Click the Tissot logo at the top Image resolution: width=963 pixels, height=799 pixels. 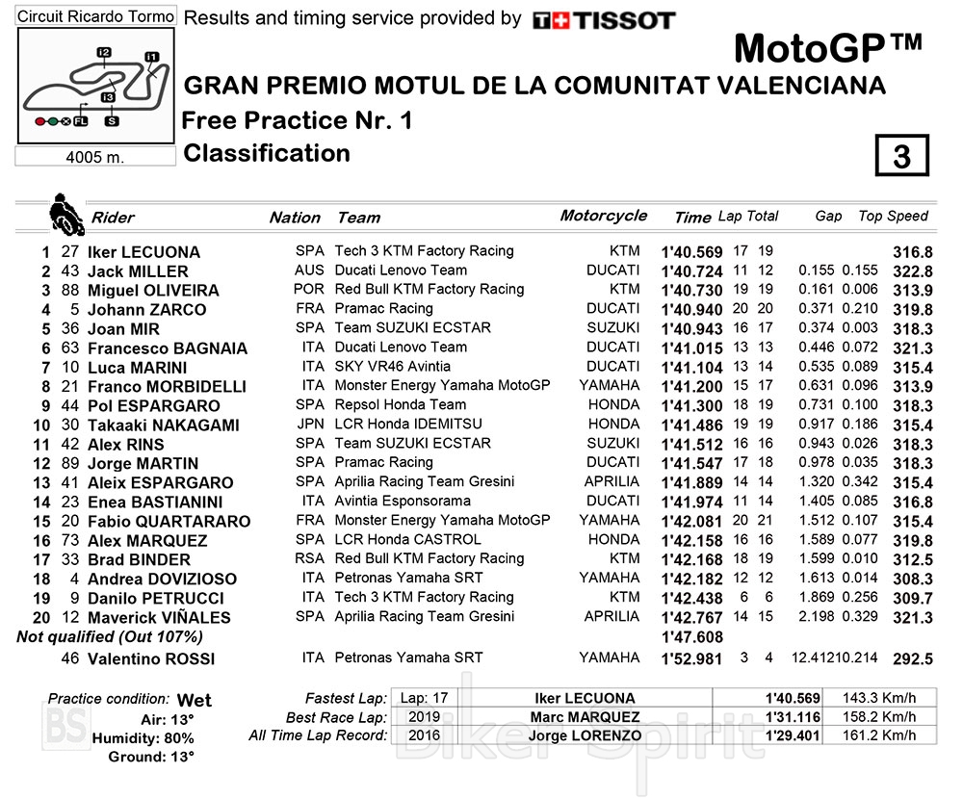pos(604,19)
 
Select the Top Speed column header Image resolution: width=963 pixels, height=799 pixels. pos(893,217)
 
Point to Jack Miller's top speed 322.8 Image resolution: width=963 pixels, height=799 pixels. pos(912,271)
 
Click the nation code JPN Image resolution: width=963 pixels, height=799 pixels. pos(310,425)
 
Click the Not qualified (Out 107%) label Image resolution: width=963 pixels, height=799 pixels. pos(110,637)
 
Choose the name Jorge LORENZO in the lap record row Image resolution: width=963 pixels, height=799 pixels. pos(586,735)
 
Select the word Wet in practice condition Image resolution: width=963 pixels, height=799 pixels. pos(195,701)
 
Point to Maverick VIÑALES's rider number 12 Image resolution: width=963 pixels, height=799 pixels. pos(69,617)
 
